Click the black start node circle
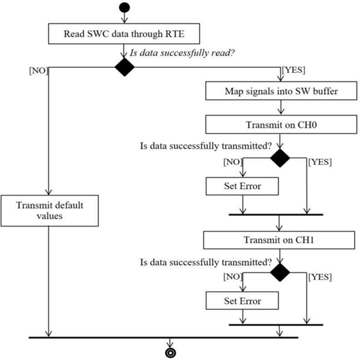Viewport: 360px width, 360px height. (124, 7)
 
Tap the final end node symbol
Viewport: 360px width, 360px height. (170, 353)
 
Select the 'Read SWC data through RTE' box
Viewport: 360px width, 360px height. (124, 34)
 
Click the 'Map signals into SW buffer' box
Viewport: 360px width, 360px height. (281, 91)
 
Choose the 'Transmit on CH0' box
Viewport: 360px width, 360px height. (281, 124)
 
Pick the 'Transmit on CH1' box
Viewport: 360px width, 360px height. (279, 240)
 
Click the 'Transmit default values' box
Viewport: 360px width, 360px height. (49, 211)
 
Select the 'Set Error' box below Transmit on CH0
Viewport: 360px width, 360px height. (242, 186)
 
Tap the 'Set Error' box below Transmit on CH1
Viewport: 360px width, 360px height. (242, 301)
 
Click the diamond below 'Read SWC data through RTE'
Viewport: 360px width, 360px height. (124, 67)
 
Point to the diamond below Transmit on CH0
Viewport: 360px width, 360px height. (280, 158)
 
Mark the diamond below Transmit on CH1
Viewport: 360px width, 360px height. (280, 273)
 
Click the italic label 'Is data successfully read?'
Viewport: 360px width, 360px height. (182, 53)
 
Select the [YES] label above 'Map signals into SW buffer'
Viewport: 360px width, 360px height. (294, 70)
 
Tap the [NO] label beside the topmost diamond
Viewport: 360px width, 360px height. (39, 71)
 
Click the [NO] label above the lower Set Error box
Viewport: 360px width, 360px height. (233, 277)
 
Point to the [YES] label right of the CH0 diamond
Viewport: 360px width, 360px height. (320, 162)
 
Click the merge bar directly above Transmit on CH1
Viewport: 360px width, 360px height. (276, 214)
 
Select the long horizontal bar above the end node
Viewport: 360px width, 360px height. (164, 337)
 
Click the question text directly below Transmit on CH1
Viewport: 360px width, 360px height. (206, 262)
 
